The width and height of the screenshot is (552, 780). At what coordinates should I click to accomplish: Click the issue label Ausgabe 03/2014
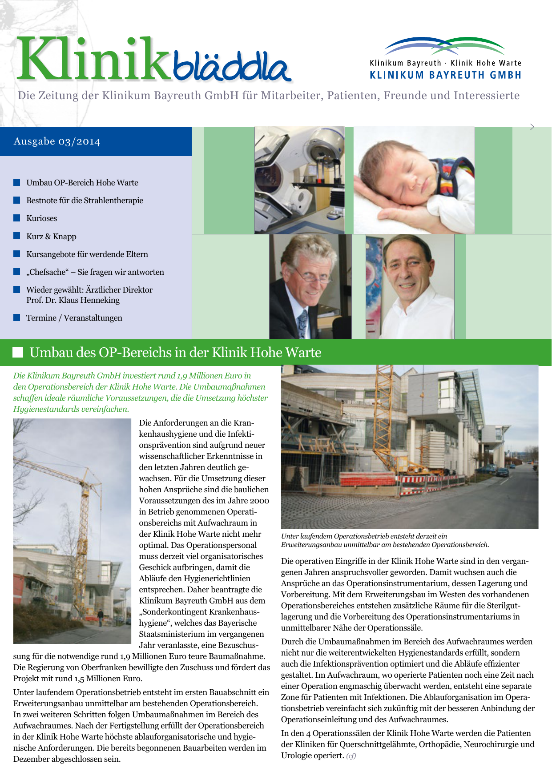click(57, 141)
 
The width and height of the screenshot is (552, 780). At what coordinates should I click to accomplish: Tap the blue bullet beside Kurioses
click(17, 218)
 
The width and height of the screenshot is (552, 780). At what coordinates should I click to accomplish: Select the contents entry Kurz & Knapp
click(51, 237)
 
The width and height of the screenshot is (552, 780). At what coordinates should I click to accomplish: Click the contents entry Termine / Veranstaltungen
click(74, 318)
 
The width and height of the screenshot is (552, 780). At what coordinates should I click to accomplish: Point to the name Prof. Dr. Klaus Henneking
click(73, 300)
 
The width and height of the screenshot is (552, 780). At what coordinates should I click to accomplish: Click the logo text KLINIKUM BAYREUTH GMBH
click(445, 75)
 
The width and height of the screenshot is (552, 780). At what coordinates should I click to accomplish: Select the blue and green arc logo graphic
click(445, 46)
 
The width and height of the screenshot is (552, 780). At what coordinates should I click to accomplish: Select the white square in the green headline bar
click(18, 352)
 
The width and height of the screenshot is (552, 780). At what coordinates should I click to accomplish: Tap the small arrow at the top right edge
click(532, 127)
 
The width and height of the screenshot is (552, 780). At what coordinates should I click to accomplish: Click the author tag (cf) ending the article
click(351, 756)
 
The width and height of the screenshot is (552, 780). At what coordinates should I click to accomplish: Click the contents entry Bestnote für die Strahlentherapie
click(85, 201)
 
